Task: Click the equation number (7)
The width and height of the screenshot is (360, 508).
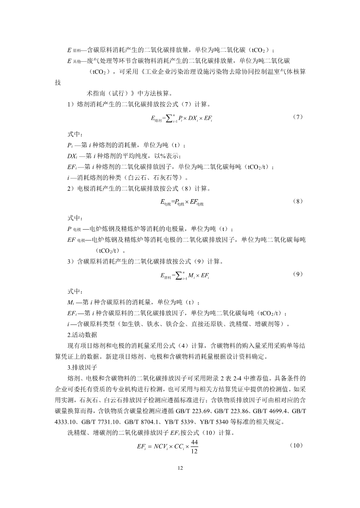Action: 298,117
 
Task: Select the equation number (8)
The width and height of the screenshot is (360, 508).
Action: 298,201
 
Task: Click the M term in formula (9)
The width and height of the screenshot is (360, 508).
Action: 189,276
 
